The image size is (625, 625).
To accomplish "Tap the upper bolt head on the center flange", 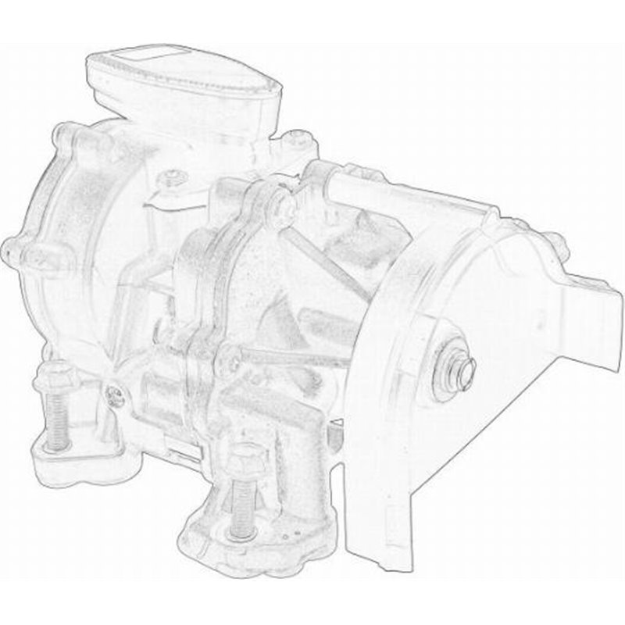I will pos(275,205).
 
